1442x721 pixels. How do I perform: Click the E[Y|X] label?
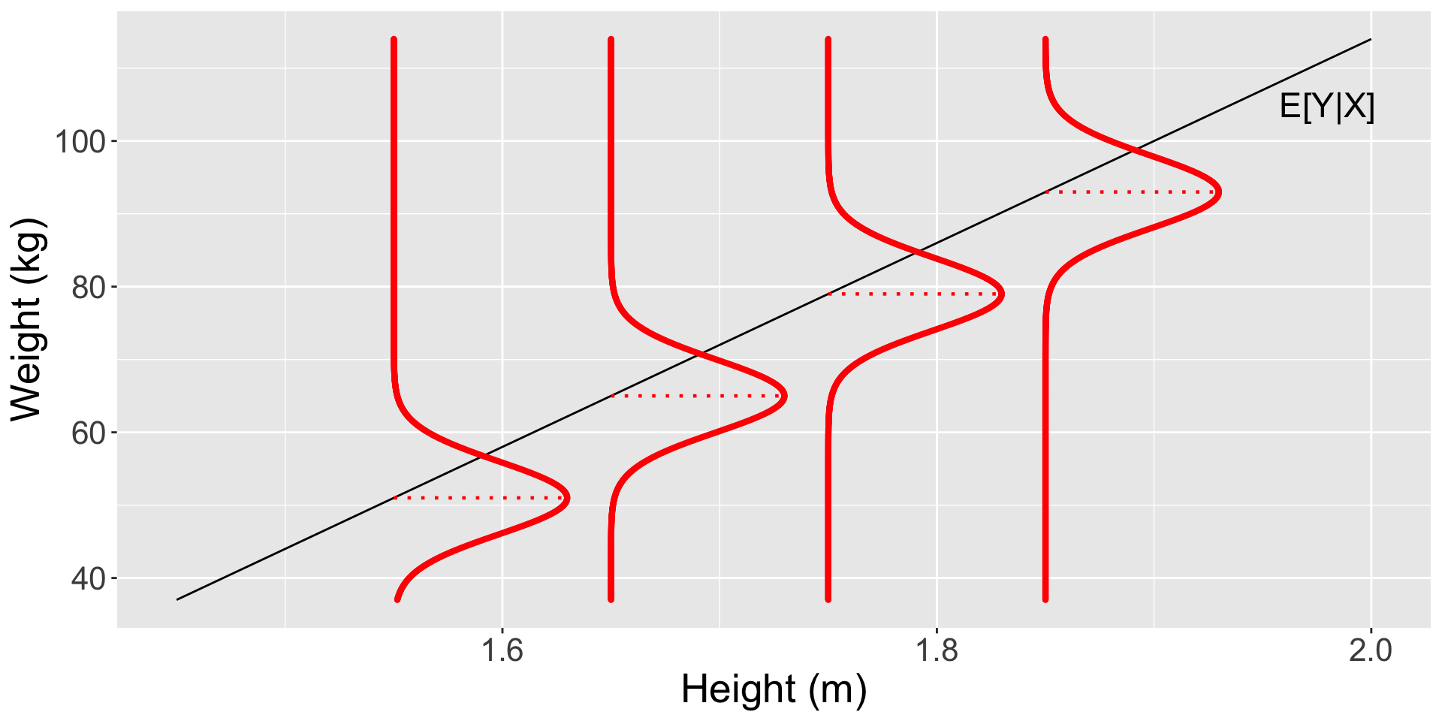click(x=1326, y=107)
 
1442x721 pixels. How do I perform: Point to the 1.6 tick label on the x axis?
click(x=502, y=650)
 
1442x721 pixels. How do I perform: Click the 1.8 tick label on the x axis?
click(x=937, y=650)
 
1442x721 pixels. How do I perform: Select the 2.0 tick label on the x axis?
click(x=1371, y=650)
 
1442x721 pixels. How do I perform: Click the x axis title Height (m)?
click(x=774, y=689)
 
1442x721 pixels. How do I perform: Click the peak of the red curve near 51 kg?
click(x=568, y=498)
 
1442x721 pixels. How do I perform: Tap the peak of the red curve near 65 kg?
click(x=785, y=396)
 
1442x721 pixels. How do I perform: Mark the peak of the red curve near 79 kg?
click(x=1002, y=294)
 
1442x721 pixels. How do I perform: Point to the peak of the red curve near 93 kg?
click(x=1219, y=192)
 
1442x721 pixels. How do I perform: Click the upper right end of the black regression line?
click(x=1371, y=39)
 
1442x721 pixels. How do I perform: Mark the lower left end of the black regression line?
click(x=177, y=599)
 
